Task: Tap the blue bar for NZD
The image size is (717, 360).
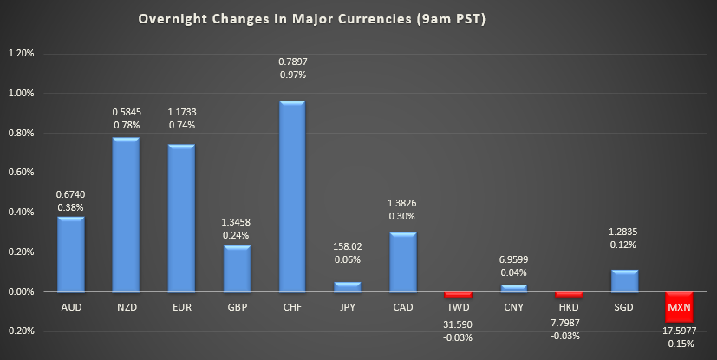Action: click(126, 215)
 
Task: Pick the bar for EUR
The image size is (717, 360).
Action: click(181, 219)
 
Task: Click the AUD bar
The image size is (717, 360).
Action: click(71, 254)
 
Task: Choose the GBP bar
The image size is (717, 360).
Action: click(237, 269)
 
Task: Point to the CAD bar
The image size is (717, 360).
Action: click(403, 263)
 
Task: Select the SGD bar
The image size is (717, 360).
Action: click(624, 281)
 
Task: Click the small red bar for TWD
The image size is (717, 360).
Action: click(459, 295)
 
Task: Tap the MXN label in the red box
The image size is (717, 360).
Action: click(680, 308)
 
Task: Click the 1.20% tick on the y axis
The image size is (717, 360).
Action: click(21, 53)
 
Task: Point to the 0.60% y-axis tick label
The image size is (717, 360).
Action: click(21, 173)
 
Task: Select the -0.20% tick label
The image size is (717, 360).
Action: click(19, 331)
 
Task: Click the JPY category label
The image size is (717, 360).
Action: click(348, 308)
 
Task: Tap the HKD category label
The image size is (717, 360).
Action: click(569, 308)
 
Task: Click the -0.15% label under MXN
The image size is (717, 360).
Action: click(680, 343)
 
